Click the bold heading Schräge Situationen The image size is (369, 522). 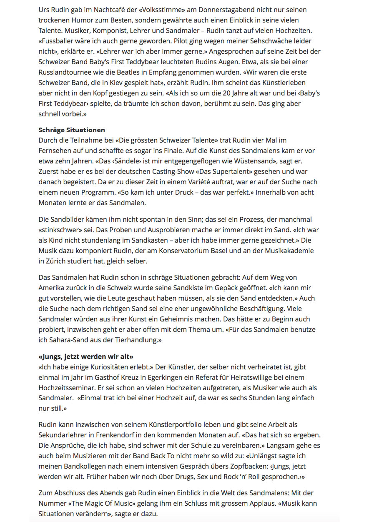coord(72,130)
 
